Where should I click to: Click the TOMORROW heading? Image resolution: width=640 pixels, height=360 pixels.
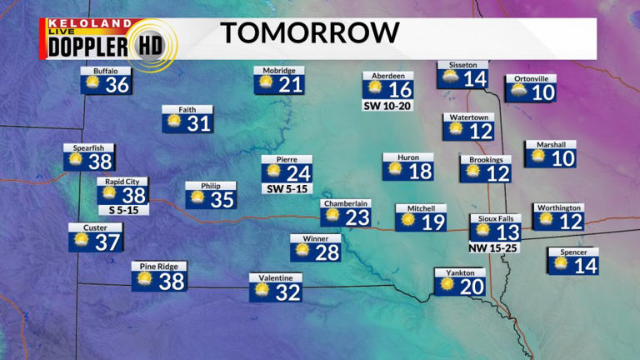310,33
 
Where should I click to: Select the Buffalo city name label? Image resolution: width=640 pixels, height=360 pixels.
106,71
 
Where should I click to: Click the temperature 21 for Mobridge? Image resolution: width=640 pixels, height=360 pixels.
290,85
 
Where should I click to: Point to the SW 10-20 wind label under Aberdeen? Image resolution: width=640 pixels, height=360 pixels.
387,107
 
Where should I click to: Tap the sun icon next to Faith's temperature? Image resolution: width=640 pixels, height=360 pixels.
175,122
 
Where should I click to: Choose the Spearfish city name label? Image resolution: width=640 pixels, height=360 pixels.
89,148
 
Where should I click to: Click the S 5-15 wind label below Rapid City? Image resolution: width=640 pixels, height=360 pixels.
122,209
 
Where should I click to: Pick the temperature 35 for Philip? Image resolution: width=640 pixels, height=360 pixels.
222,200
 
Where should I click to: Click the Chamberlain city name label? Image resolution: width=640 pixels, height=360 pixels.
346,203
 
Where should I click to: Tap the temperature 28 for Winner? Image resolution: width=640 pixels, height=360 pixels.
327,252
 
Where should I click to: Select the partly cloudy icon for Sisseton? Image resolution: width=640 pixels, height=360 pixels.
451,78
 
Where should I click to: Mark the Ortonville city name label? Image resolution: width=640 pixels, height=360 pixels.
531,79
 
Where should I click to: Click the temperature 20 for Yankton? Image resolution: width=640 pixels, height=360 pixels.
472,287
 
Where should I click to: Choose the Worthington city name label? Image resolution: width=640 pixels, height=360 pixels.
558,207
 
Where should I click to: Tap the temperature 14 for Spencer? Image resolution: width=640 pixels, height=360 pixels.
586,266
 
